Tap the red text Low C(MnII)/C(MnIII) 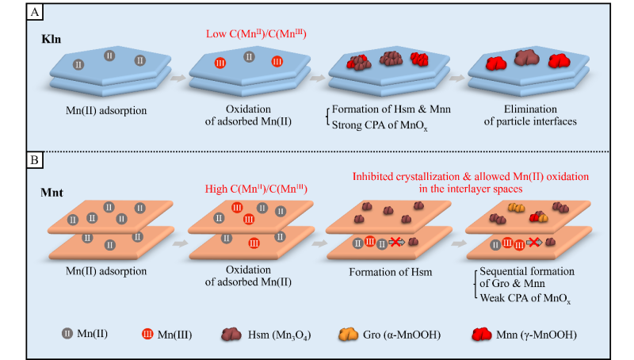[x=250, y=32]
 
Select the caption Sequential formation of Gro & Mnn [x=519, y=278]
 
